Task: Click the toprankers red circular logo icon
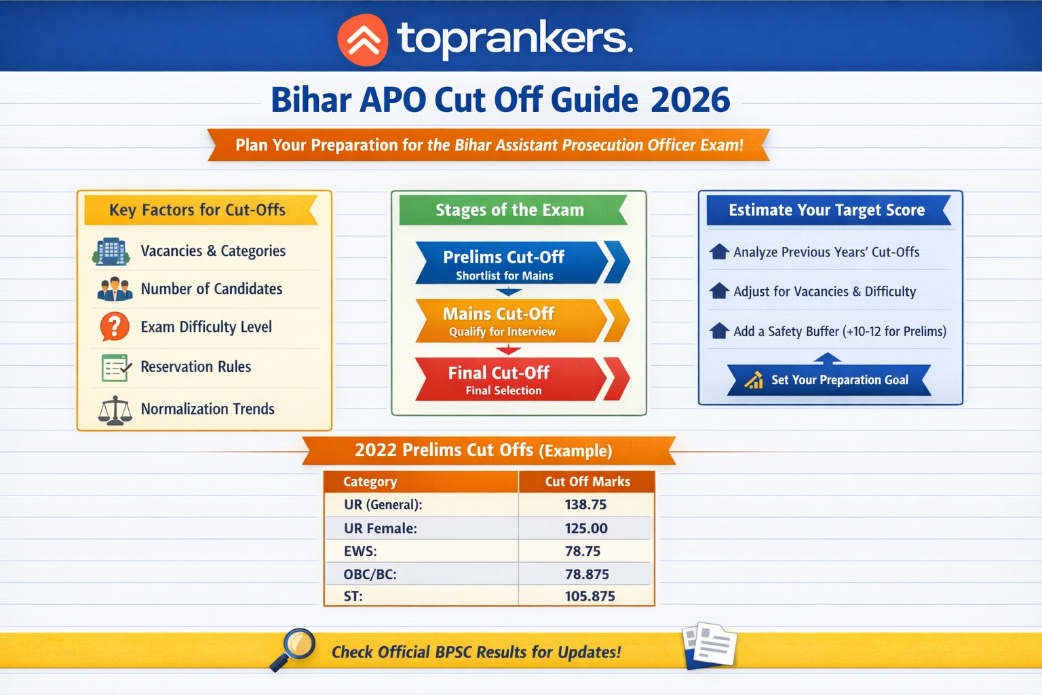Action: coord(363,41)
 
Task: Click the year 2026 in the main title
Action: coord(690,100)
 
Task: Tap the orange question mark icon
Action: coord(115,326)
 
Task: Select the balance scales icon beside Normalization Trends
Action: coord(115,410)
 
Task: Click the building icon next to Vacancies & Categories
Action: coord(111,252)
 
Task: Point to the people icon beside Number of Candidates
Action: coord(115,289)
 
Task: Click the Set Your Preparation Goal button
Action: coord(829,380)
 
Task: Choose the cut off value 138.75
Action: coord(585,505)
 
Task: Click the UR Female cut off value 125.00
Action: coord(586,528)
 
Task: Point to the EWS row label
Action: coord(360,551)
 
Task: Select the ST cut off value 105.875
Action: coord(590,597)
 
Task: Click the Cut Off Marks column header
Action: coord(587,482)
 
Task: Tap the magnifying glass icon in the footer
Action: coord(294,648)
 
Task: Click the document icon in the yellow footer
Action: coord(710,645)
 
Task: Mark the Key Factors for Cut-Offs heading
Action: coord(197,210)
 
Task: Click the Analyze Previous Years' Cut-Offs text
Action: coord(826,252)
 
